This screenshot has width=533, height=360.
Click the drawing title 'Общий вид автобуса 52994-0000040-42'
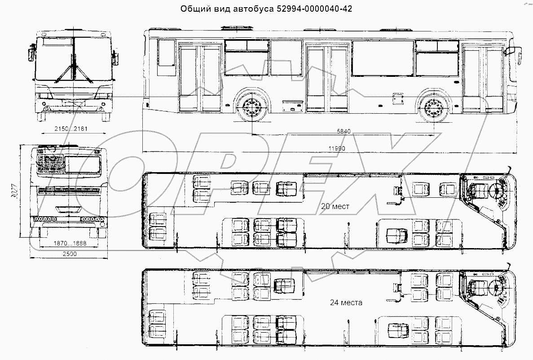[x=266, y=9]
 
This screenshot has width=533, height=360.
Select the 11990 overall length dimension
[x=336, y=149]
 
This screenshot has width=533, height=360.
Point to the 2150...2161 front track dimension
[x=70, y=129]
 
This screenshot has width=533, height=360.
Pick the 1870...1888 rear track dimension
[x=70, y=243]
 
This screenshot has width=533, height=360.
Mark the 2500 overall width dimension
[x=69, y=254]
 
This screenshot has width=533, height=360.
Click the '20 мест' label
[x=335, y=206]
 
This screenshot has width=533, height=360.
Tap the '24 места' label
[x=346, y=302]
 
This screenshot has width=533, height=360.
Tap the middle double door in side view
[x=327, y=78]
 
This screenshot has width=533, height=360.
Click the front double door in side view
[x=483, y=78]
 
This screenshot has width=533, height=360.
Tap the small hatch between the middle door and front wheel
[x=397, y=98]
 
